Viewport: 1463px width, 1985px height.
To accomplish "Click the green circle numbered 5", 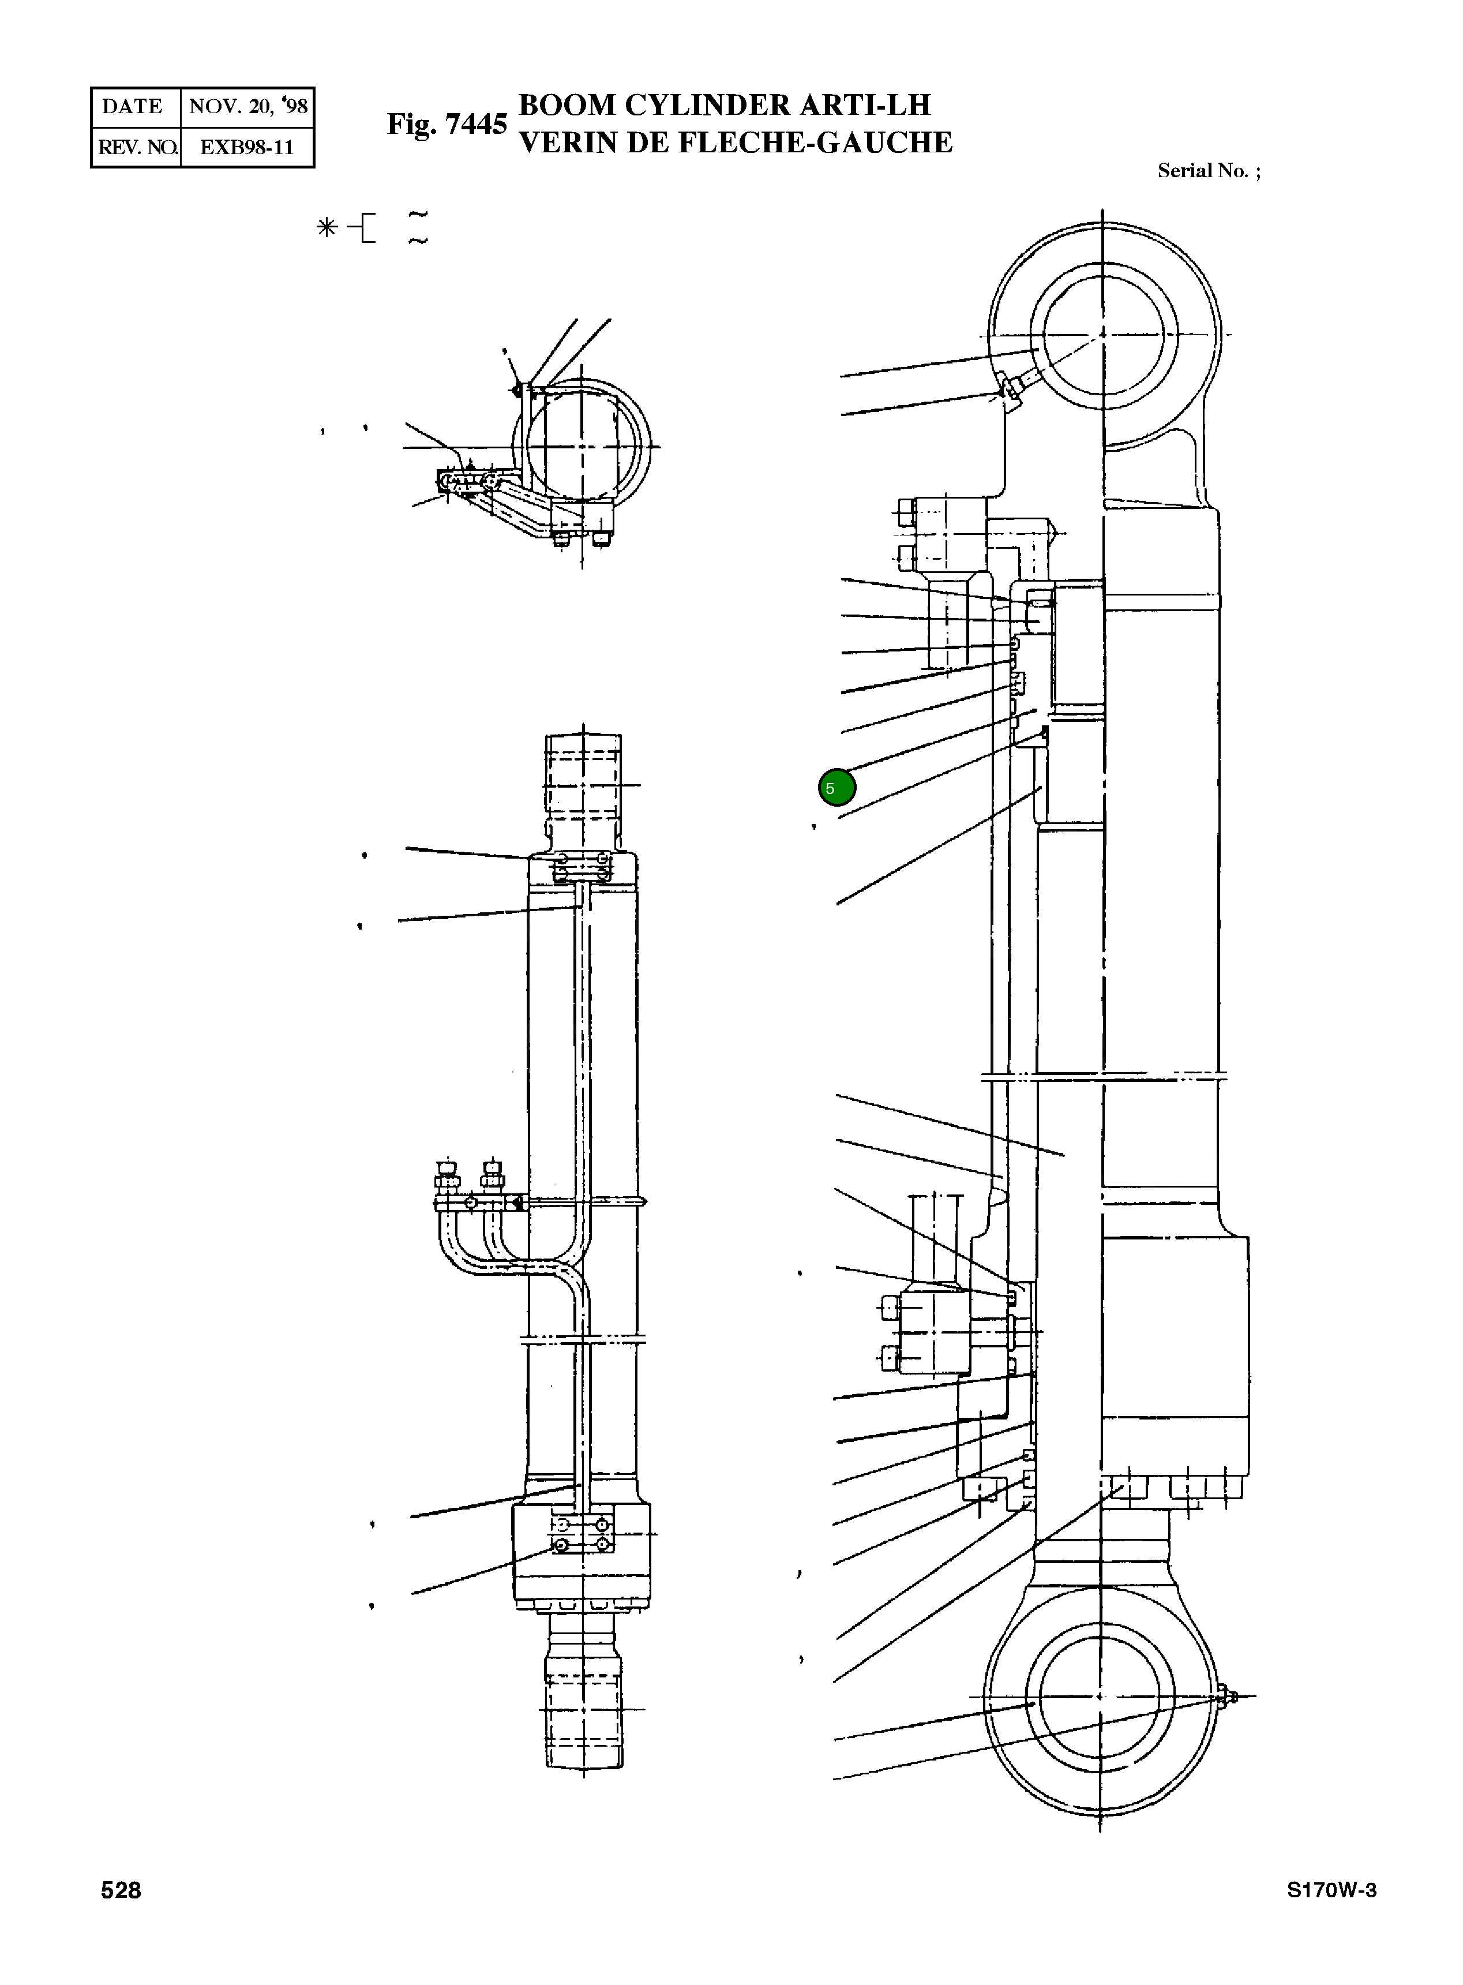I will [x=836, y=788].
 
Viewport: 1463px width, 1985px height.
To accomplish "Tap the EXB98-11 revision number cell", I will [x=246, y=147].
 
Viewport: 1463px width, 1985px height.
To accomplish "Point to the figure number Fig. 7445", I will [x=447, y=124].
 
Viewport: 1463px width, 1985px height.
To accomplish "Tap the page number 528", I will [x=121, y=1890].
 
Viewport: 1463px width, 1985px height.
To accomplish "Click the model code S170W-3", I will [x=1331, y=1890].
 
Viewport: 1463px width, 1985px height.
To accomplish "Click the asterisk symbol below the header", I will [x=327, y=229].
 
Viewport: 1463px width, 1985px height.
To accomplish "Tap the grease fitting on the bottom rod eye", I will [x=1231, y=1696].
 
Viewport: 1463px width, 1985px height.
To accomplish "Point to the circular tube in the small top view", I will [x=582, y=447].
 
